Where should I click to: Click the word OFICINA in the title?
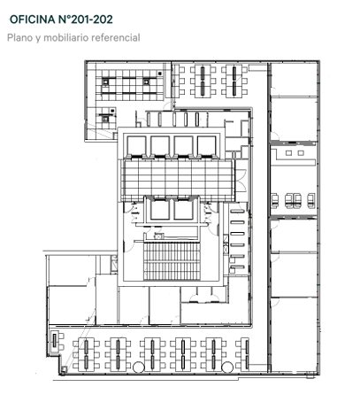tap(33, 19)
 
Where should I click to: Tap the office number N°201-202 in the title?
tap(86, 19)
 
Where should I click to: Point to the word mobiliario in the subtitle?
tap(66, 38)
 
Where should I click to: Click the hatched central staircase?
tap(172, 261)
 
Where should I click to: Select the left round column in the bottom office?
tap(139, 367)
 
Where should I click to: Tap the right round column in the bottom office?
tap(227, 367)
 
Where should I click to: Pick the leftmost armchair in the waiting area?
tap(274, 201)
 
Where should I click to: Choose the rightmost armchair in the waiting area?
tap(311, 201)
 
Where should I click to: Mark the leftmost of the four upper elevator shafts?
tap(136, 146)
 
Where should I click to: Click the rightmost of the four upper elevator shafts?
tap(206, 146)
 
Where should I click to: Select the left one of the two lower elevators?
tap(160, 210)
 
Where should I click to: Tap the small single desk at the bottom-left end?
tap(55, 341)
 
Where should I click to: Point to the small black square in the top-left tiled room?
tap(159, 73)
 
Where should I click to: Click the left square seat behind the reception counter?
tap(288, 153)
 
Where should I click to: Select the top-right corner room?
tap(294, 79)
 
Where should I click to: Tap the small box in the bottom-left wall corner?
tap(64, 368)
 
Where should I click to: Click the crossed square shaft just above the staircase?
tap(158, 236)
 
